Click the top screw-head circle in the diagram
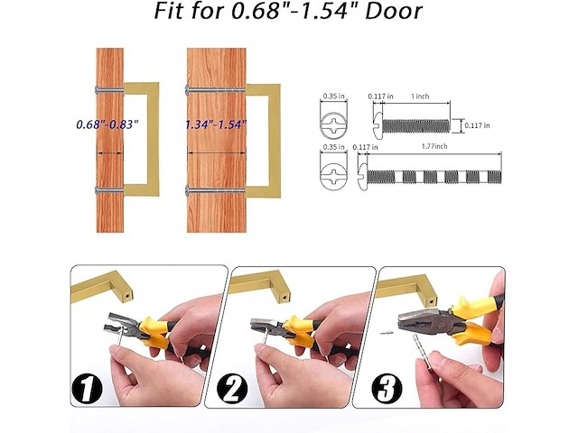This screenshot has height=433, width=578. [334, 118]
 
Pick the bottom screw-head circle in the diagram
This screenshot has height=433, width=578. [334, 169]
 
